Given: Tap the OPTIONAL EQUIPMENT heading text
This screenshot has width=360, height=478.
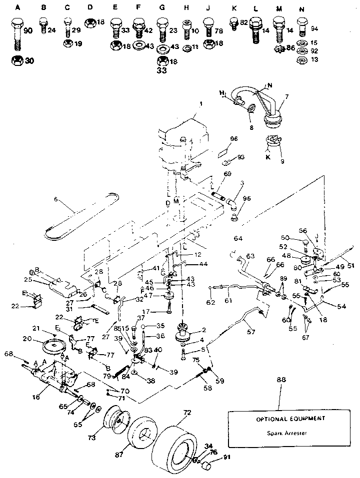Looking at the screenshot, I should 283,419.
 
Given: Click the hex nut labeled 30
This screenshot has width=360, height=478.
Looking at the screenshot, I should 16,61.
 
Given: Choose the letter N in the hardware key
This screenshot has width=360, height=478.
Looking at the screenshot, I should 301,8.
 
